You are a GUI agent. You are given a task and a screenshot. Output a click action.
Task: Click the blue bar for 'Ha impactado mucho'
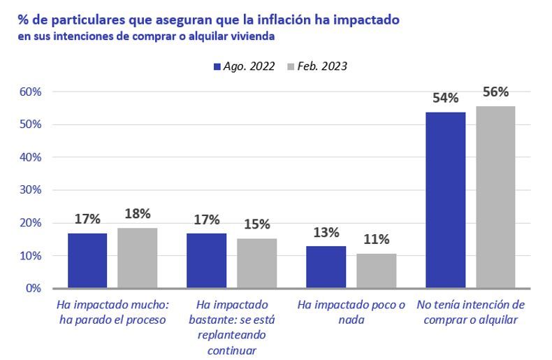[87, 260]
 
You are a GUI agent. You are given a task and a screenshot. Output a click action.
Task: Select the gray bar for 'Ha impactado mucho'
[137, 258]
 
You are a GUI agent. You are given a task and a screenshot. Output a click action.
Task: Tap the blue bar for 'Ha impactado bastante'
[206, 260]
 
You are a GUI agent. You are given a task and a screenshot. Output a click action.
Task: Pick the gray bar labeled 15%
[256, 263]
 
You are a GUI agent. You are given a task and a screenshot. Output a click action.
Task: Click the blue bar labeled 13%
[326, 266]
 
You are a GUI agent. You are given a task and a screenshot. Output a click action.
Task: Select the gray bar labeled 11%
[376, 271]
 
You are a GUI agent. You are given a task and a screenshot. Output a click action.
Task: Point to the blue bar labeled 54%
[445, 200]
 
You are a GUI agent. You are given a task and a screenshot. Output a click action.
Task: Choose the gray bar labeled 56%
[495, 196]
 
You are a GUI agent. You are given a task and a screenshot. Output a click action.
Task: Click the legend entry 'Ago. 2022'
[245, 66]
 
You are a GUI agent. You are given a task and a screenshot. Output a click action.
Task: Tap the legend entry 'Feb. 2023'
[316, 66]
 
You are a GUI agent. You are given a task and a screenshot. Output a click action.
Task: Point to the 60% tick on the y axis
[30, 92]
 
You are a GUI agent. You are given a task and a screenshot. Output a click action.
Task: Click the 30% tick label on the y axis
[30, 190]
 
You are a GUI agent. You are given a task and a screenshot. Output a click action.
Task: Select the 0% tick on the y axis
[33, 288]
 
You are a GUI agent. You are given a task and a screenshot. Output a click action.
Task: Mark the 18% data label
[137, 214]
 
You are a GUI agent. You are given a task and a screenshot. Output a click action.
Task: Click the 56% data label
[495, 92]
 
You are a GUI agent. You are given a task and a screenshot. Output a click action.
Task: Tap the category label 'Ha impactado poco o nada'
[351, 312]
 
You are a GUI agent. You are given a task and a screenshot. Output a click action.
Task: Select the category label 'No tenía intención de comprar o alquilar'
[470, 312]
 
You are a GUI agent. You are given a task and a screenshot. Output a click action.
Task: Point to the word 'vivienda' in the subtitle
[253, 36]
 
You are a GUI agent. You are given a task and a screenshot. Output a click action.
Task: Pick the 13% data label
[326, 232]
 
